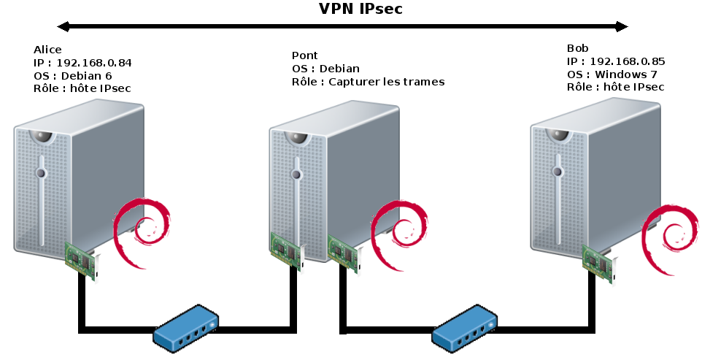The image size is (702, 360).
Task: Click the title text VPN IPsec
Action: (x=360, y=9)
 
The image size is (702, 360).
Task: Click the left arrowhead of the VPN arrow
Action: (x=63, y=27)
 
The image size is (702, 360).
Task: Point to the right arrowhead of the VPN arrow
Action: (x=622, y=27)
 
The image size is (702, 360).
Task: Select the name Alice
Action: (x=47, y=50)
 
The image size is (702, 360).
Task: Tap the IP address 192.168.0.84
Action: (x=94, y=63)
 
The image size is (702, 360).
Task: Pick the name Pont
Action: (x=304, y=55)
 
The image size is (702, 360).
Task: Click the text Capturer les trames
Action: (x=386, y=82)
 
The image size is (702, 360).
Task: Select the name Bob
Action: (x=577, y=49)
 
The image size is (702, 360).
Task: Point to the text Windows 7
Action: (x=625, y=74)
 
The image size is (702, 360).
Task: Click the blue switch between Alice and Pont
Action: (x=186, y=328)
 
